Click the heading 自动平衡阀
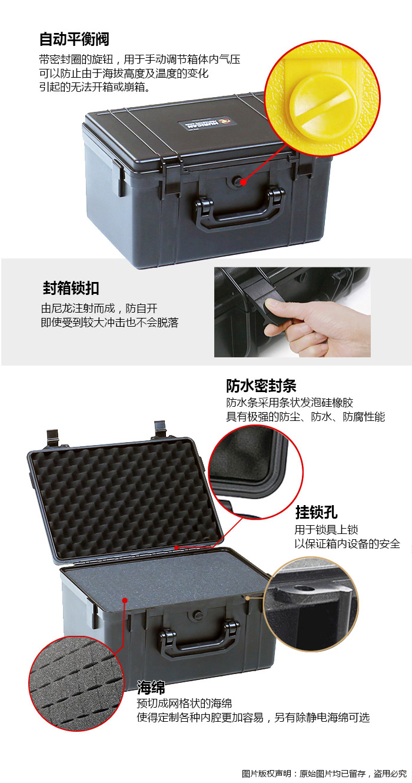[74, 39]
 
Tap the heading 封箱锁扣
[71, 288]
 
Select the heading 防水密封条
[261, 386]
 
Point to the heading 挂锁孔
[316, 512]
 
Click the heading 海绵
[151, 687]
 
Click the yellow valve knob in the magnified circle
[325, 108]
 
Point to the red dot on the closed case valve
[243, 182]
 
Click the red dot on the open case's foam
[125, 600]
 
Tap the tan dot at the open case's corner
[247, 598]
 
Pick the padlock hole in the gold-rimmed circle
[301, 588]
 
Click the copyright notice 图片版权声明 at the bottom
[266, 773]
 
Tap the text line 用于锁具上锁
[326, 530]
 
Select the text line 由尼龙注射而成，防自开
[99, 308]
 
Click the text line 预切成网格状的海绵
[184, 704]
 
